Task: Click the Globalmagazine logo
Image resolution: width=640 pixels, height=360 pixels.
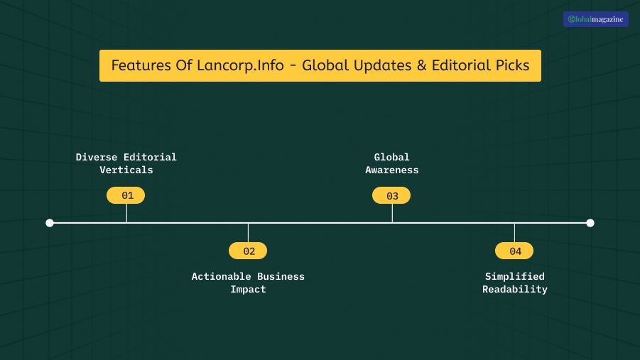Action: [595, 20]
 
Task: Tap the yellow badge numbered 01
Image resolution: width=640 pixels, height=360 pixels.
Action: [126, 195]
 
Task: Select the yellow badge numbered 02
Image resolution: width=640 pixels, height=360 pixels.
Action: [248, 251]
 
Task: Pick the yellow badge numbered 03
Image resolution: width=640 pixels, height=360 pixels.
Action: [391, 195]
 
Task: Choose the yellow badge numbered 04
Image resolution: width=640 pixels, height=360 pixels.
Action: [514, 251]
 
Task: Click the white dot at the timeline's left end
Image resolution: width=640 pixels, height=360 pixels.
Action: [50, 223]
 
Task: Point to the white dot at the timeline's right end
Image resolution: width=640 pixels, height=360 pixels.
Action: [590, 223]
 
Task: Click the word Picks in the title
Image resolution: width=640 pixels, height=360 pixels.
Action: [511, 65]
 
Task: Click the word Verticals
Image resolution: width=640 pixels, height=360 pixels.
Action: [126, 170]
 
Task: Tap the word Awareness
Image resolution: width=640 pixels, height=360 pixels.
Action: [392, 170]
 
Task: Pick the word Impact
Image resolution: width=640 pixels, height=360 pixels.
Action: [248, 290]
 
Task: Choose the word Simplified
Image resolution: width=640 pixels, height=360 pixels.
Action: [515, 276]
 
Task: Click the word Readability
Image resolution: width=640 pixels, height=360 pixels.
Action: [515, 290]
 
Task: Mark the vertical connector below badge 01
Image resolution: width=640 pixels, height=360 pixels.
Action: [126, 213]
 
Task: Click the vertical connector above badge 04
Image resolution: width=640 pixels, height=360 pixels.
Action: [514, 232]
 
